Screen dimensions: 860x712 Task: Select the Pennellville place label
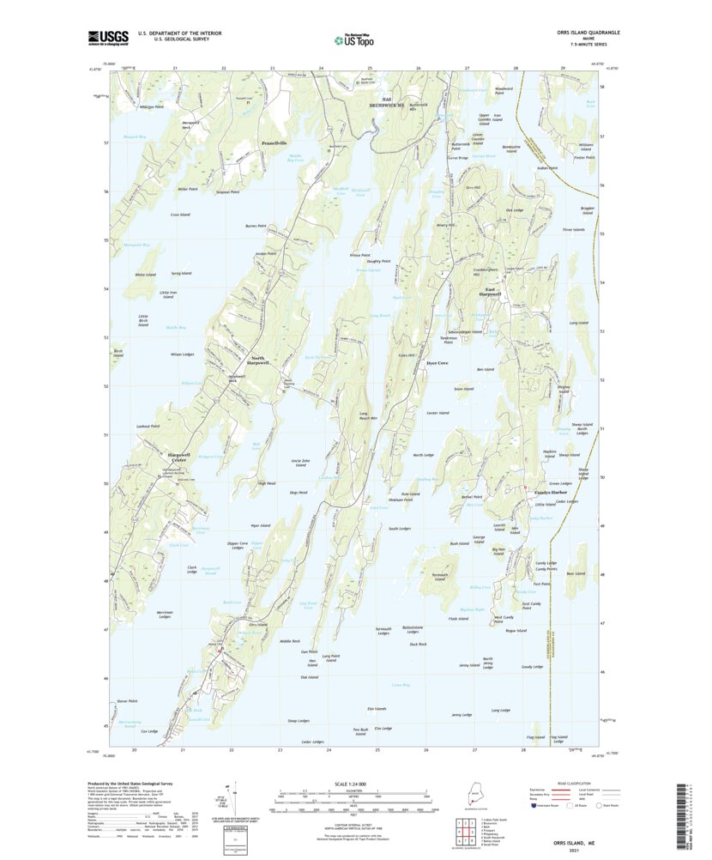[278, 143]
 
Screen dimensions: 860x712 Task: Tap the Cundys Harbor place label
[554, 493]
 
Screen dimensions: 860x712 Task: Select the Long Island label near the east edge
[578, 323]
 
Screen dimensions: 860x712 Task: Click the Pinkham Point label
[401, 500]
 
